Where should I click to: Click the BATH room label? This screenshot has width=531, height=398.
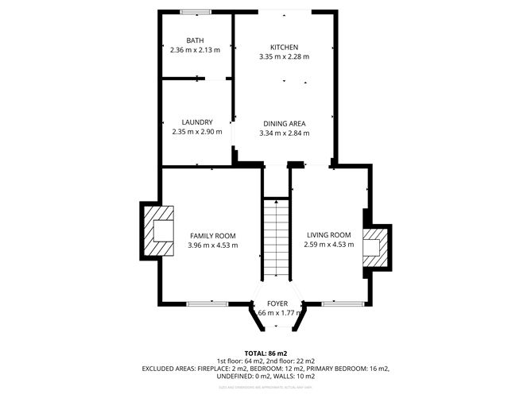pos(195,41)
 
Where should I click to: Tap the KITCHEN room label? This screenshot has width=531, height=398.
pos(284,47)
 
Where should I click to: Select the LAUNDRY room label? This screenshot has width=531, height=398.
pos(196,122)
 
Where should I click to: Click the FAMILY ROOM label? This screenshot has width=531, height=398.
pos(212,236)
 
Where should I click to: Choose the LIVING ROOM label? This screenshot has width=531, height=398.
pos(328,235)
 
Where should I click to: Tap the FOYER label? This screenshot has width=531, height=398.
pos(277,303)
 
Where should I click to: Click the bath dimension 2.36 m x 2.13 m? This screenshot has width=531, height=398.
pos(195,49)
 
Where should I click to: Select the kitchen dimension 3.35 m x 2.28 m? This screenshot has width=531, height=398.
pos(284,56)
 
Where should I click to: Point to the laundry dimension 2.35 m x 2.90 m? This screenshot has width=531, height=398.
pos(196,132)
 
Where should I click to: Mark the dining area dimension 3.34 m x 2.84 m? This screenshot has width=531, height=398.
pos(284,133)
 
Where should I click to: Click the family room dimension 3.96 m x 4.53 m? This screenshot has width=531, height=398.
pos(212,245)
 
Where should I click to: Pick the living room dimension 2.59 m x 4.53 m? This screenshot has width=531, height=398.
pos(328,245)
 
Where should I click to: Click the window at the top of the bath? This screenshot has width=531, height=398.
pos(195,11)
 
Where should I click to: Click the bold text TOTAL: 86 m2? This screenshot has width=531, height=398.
pos(265,352)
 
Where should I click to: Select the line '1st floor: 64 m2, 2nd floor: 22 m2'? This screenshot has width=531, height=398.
pos(265,361)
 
